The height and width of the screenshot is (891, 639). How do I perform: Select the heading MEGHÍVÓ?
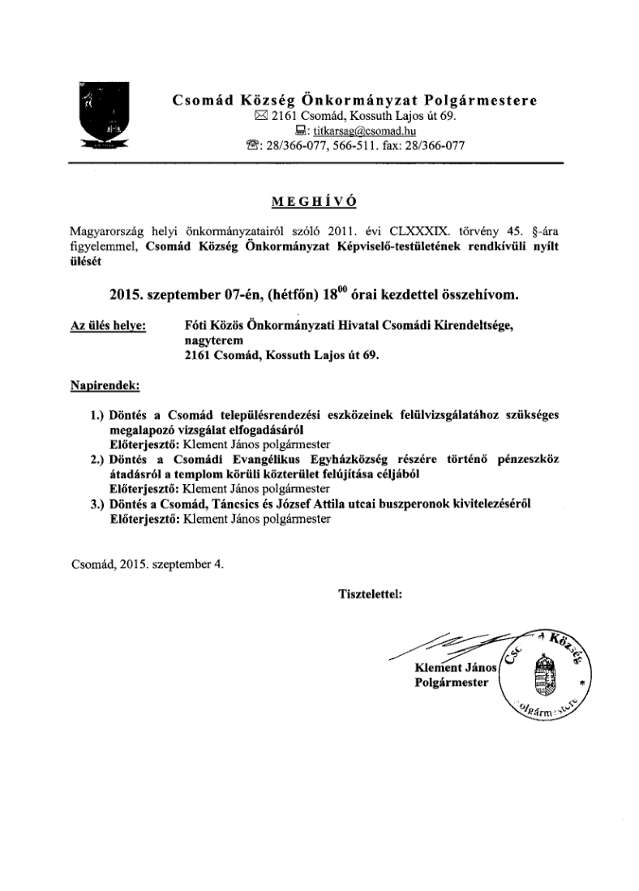coord(319,201)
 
